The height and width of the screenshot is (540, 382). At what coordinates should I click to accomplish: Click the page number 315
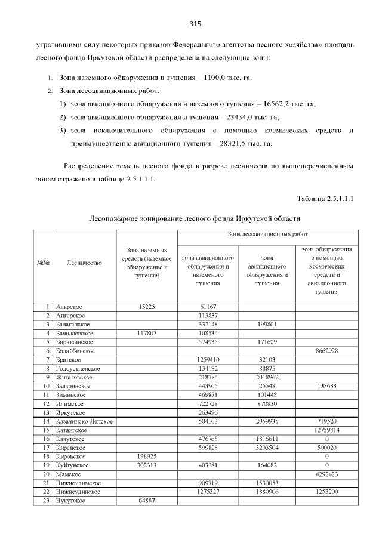195,24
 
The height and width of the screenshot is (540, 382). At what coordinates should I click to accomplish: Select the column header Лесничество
85,262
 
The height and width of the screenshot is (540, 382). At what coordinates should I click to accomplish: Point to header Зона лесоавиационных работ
267,235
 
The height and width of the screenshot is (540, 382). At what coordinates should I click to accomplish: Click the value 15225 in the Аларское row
147,307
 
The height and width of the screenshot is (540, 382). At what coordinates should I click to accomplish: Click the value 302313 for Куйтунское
147,465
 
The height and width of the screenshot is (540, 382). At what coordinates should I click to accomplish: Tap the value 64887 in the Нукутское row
147,501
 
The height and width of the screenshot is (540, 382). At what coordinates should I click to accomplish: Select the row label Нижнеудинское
78,492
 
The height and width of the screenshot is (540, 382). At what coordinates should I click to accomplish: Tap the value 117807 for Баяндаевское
147,333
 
